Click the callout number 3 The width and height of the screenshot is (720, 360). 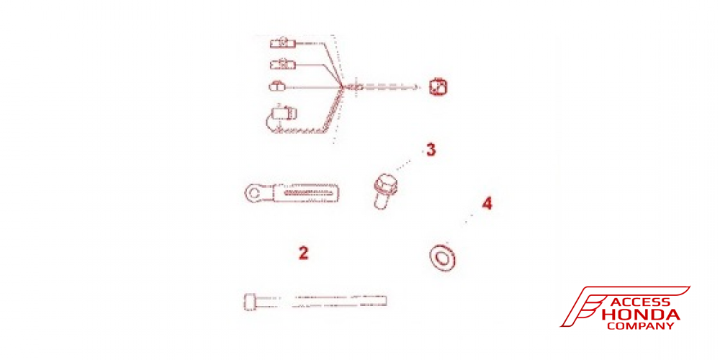coord(431,150)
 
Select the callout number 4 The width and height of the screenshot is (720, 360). coord(487,204)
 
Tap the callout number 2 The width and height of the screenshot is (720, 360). coord(303,253)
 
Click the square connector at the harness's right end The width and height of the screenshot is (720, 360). coord(438,87)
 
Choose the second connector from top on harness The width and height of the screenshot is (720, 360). coord(282,64)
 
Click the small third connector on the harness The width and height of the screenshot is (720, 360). coord(277,86)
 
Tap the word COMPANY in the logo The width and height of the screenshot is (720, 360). coord(640,326)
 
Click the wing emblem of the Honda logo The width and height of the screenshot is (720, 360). coord(583,306)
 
